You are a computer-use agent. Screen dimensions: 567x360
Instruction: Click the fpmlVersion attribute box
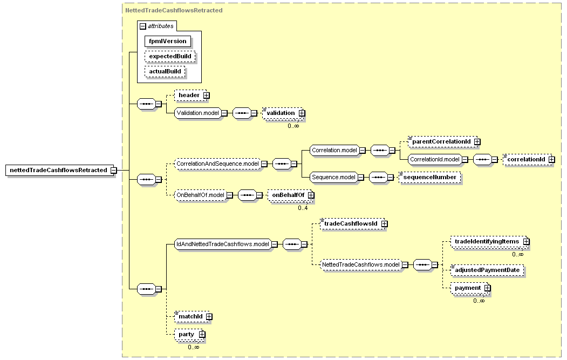(x=167, y=41)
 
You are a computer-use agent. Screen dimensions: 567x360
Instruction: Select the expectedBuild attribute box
(x=170, y=57)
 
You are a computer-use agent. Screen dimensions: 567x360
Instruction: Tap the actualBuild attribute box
(x=165, y=72)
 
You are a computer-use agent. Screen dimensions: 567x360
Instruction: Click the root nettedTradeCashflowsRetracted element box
(x=58, y=170)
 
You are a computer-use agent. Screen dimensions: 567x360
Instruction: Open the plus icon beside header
(x=207, y=95)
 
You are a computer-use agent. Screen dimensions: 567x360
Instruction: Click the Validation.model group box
(x=197, y=113)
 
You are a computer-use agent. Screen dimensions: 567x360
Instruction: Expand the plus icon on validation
(x=302, y=113)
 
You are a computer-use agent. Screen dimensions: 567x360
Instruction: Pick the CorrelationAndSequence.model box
(x=217, y=164)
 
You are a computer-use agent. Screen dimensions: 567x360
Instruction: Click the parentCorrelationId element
(x=441, y=141)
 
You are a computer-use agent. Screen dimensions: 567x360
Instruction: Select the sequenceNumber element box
(x=430, y=177)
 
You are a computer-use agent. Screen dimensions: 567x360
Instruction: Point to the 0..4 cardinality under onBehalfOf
(x=303, y=208)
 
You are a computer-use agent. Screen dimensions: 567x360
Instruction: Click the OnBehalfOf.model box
(x=200, y=195)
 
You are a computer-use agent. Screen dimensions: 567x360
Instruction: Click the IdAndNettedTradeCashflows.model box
(x=222, y=244)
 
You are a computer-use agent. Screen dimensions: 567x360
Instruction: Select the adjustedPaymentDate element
(x=487, y=270)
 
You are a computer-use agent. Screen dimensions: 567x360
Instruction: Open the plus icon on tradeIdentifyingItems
(x=526, y=241)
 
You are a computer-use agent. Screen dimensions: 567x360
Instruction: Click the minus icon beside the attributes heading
(x=143, y=26)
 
